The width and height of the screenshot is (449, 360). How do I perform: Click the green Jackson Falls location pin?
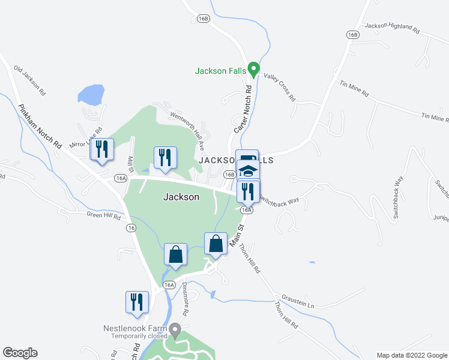click(253, 70)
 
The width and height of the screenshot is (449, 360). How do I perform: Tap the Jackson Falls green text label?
click(220, 71)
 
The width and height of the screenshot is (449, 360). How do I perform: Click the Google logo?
click(20, 353)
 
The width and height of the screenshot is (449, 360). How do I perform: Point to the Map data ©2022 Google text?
click(412, 355)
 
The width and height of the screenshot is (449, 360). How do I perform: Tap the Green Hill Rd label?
click(103, 215)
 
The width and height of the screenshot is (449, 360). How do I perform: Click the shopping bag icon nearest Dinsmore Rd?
click(175, 254)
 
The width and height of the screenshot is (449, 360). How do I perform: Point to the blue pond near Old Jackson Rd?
click(91, 95)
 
